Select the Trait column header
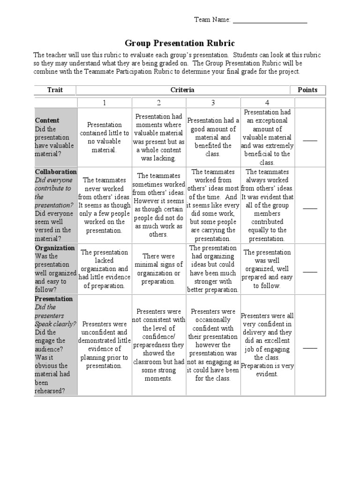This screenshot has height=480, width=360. [x=55, y=90]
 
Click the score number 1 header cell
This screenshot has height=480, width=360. [x=104, y=103]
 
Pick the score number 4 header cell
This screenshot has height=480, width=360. [x=267, y=103]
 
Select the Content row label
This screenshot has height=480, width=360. [x=47, y=120]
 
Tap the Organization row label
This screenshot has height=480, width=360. [x=55, y=248]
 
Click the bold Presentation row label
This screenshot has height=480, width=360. [x=53, y=299]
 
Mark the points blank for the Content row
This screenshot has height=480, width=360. [x=310, y=140]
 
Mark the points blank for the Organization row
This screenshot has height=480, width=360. [x=310, y=271]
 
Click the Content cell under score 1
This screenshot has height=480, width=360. [x=104, y=137]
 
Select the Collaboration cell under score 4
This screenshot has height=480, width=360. [x=267, y=205]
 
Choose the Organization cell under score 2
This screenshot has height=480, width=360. [x=158, y=269]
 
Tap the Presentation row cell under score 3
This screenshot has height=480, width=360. [x=213, y=345]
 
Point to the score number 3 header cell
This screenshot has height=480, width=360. [x=213, y=103]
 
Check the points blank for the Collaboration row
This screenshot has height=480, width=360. [x=310, y=207]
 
